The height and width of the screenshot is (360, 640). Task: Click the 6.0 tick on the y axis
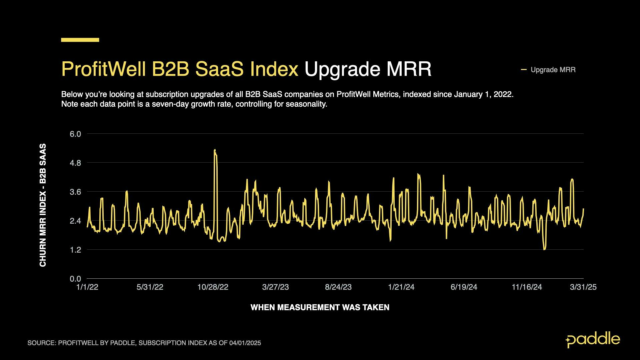coord(75,134)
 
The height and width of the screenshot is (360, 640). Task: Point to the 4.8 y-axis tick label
coord(75,163)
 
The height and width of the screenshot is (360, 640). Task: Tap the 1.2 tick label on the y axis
coord(75,250)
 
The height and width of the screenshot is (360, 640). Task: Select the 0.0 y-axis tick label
coord(75,279)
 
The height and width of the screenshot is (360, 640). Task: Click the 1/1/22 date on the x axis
coord(87,287)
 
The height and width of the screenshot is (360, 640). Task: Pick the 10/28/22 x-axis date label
coord(213,287)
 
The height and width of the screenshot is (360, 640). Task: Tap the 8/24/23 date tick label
coord(338,287)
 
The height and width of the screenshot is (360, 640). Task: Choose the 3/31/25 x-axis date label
coord(583,287)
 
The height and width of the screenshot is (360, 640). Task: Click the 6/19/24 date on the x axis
coord(464,287)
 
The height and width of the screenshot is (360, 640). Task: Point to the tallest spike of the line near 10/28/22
coord(215,150)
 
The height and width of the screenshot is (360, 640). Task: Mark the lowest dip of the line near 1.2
coord(544,249)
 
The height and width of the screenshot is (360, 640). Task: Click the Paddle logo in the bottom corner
coord(593,340)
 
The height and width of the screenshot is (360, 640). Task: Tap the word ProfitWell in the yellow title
coord(103,69)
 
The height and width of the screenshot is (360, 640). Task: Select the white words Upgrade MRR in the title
coord(368,69)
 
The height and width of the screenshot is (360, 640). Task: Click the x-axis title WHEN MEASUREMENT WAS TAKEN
coord(320,307)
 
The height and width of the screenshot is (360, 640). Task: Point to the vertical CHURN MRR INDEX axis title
coord(43,205)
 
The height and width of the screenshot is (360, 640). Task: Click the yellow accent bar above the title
coord(80,40)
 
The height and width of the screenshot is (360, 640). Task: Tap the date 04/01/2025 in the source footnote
coord(245,343)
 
